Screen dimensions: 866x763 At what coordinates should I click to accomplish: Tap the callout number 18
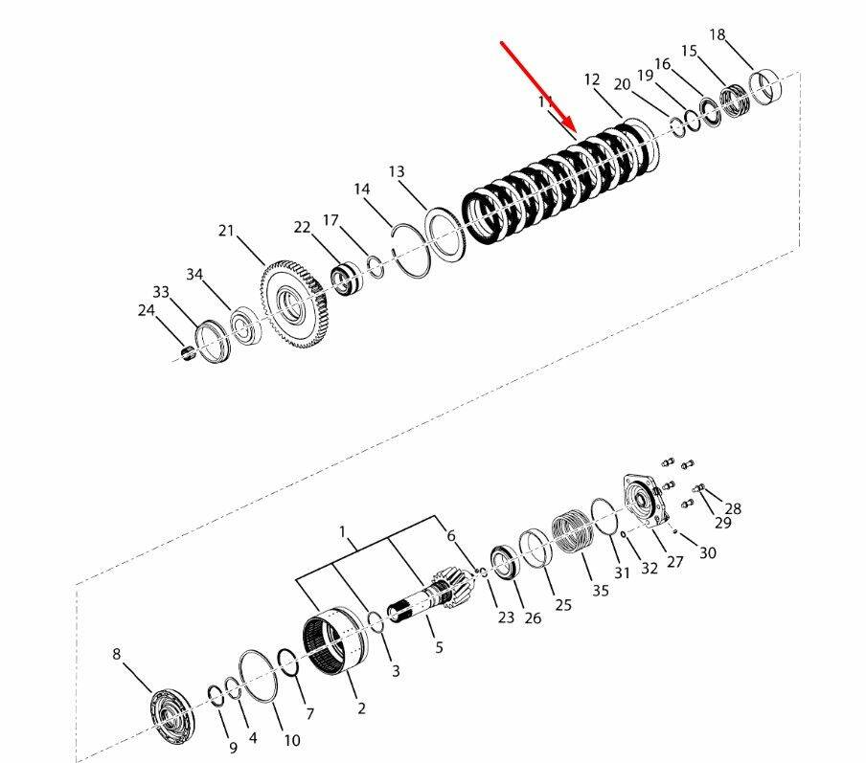point(717,34)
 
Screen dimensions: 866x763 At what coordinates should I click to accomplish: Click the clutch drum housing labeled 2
point(335,640)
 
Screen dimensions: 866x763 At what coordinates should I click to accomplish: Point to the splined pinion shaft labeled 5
point(431,596)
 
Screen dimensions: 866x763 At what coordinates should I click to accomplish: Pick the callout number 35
point(601,590)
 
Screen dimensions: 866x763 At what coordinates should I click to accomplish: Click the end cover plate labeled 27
point(646,502)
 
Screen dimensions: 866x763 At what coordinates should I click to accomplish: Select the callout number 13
point(397,171)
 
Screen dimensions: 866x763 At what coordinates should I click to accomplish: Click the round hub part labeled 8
point(171,717)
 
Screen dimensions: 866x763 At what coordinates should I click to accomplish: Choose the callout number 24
point(147,310)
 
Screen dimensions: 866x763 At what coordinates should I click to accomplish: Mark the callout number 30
point(708,552)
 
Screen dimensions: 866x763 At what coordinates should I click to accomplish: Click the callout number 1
point(342,532)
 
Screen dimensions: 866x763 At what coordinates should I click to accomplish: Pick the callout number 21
point(226,230)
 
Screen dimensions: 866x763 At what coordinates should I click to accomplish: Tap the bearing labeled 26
point(504,562)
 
